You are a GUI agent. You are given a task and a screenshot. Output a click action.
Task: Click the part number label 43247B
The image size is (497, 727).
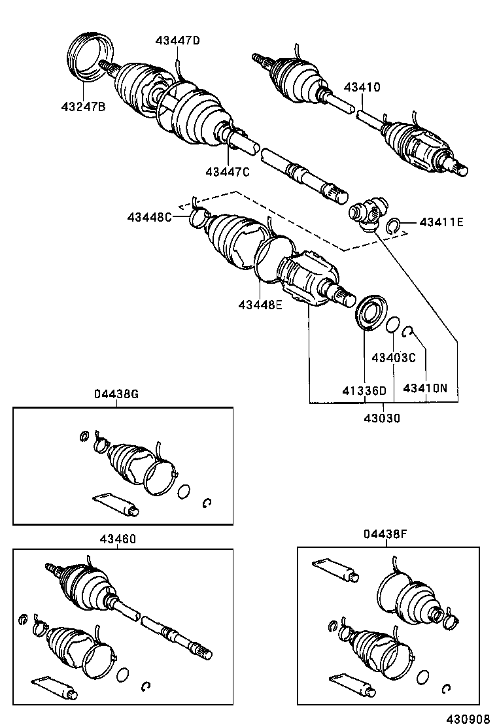pos(83,107)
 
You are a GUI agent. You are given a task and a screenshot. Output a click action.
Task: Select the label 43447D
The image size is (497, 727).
pos(177,41)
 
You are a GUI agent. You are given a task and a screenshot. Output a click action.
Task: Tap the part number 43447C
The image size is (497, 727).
pos(227,171)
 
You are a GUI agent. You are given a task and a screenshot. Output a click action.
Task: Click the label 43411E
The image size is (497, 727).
pos(441,222)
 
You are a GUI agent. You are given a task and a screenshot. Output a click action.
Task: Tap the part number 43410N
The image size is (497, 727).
pos(425,388)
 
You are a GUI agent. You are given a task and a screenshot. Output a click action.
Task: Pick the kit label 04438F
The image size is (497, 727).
pos(386,535)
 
